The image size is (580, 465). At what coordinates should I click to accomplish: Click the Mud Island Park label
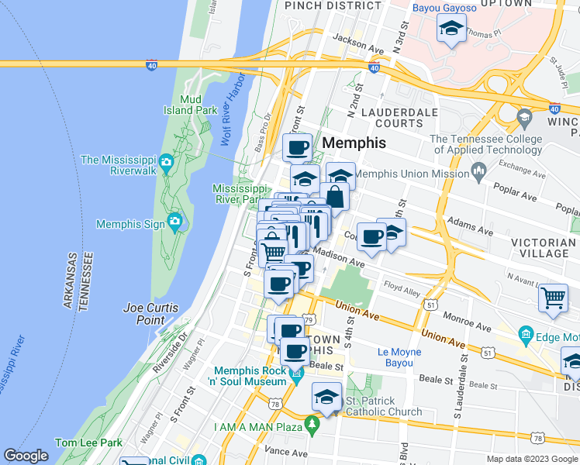pyautogui.click(x=199, y=105)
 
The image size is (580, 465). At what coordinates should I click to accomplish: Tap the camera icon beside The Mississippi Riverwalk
pyautogui.click(x=166, y=162)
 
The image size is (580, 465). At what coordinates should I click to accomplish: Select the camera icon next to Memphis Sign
pyautogui.click(x=174, y=223)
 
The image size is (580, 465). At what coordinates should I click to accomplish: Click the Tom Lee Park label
pyautogui.click(x=88, y=443)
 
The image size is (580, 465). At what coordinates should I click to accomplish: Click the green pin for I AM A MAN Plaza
pyautogui.click(x=312, y=425)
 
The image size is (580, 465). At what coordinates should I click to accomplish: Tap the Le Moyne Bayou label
pyautogui.click(x=399, y=357)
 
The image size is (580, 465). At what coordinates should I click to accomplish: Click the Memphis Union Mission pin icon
pyautogui.click(x=478, y=169)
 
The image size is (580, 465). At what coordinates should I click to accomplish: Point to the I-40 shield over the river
pyautogui.click(x=151, y=66)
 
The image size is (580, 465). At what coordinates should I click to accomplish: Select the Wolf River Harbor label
pyautogui.click(x=235, y=108)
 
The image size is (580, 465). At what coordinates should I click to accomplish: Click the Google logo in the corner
pyautogui.click(x=26, y=456)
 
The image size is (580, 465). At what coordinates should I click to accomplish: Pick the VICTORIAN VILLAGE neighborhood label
pyautogui.click(x=543, y=248)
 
